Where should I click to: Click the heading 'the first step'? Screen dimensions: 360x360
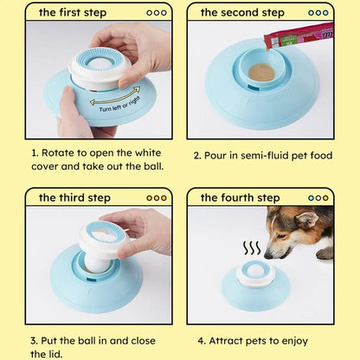[71, 12]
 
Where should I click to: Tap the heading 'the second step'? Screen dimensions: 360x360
[242, 12]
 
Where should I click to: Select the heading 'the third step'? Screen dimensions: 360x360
[74, 197]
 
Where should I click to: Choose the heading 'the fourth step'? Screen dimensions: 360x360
[241, 197]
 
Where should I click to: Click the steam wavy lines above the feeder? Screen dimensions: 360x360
[252, 249]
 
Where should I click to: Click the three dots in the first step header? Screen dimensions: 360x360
[156, 12]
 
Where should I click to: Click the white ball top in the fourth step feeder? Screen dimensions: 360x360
[255, 271]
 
